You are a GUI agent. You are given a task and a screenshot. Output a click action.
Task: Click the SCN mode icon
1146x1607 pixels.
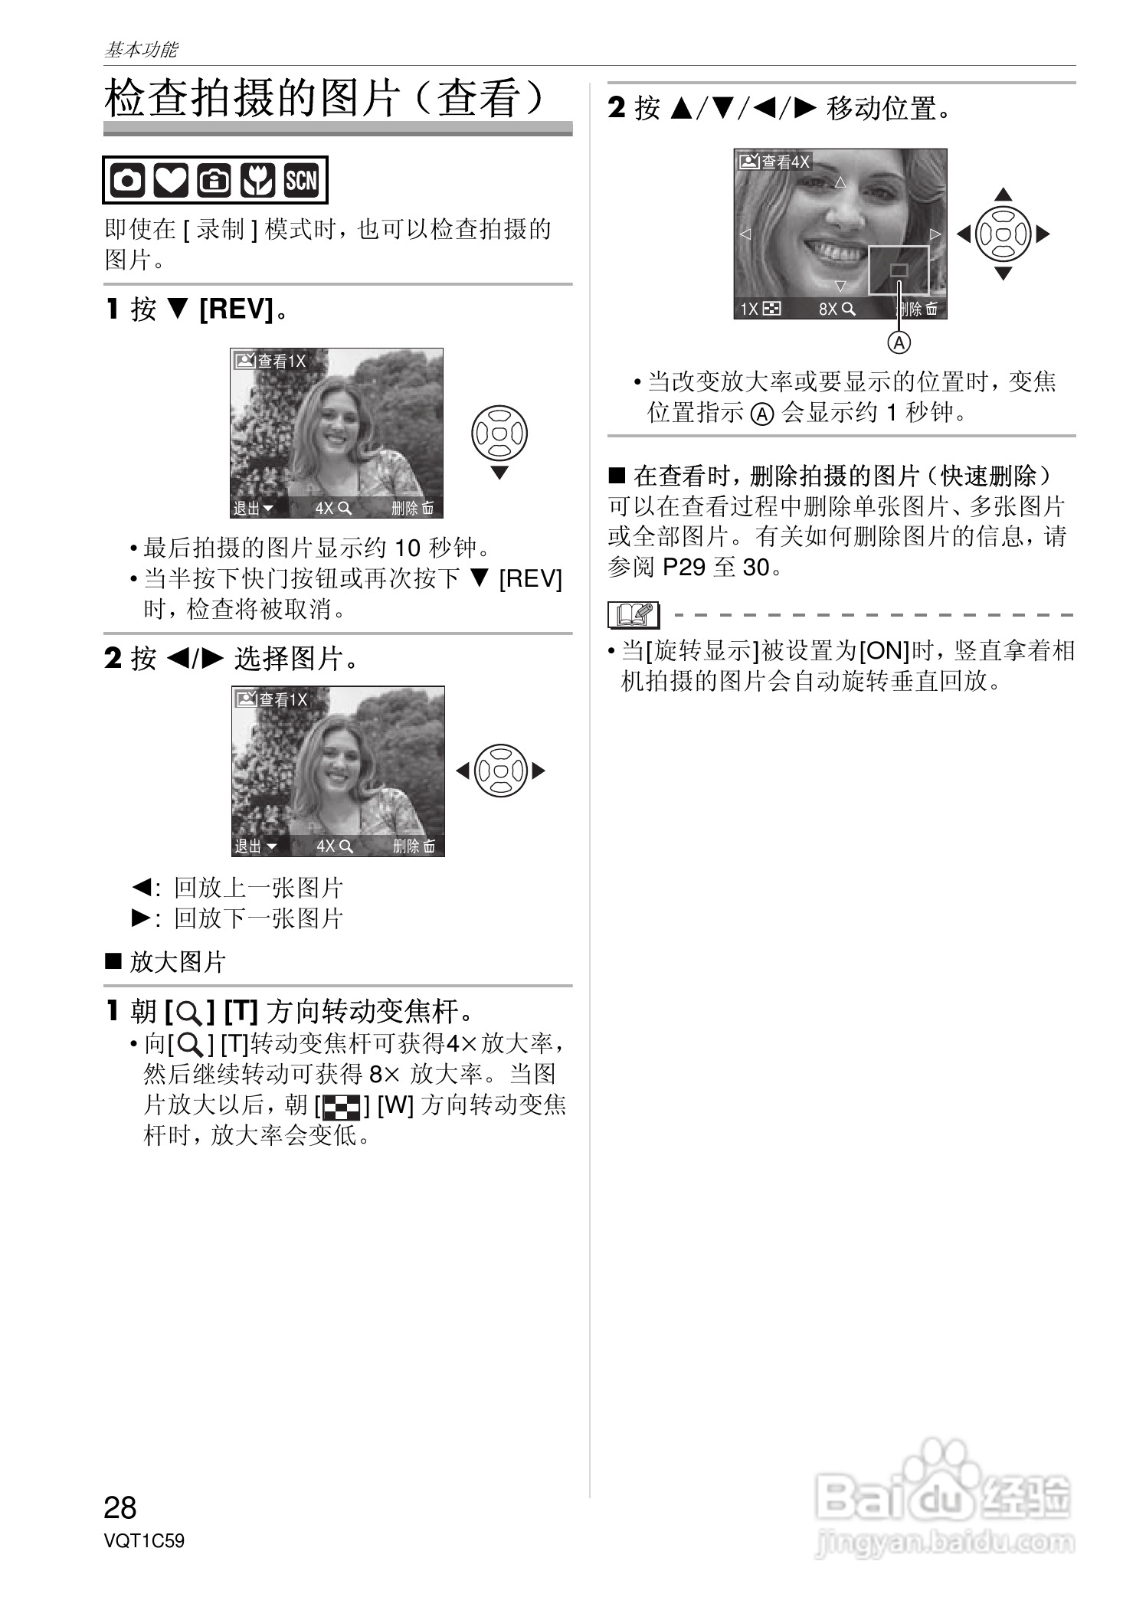coord(301,180)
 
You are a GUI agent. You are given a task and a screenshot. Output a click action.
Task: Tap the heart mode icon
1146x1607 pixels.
coord(171,181)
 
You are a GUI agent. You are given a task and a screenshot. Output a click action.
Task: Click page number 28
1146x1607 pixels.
coord(120,1507)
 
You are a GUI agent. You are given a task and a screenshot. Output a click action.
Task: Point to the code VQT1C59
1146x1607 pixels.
coord(144,1540)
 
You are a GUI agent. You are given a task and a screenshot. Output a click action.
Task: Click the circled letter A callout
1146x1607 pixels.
coord(899,342)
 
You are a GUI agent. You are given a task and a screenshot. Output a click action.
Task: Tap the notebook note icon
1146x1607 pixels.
coord(633,615)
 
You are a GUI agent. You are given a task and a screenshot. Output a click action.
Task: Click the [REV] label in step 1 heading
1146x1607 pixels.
coord(236,309)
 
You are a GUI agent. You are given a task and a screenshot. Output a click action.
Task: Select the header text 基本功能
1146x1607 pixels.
coord(141,50)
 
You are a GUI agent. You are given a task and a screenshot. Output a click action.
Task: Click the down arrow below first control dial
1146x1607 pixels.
coord(499,473)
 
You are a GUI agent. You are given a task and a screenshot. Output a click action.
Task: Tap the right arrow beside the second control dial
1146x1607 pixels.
coord(539,771)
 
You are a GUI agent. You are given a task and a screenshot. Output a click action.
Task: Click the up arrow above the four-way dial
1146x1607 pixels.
coord(1003,195)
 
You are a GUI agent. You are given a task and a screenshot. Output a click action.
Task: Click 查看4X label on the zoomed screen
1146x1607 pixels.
coord(774,162)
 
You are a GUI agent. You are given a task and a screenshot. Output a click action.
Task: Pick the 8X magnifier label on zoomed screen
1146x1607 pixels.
coord(837,309)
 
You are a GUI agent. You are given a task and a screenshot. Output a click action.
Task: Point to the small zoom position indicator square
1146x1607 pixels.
coord(899,270)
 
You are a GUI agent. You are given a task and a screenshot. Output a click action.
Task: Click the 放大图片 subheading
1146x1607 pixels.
coord(177,961)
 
